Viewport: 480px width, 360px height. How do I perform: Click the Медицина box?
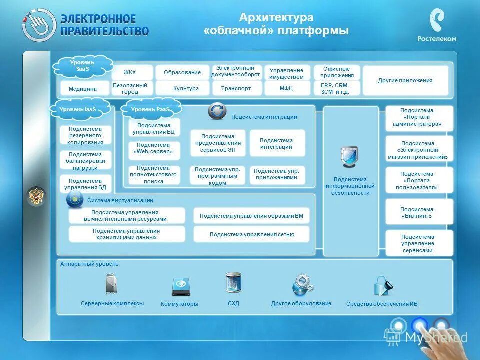point(82,89)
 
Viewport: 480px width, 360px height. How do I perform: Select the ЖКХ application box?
point(130,73)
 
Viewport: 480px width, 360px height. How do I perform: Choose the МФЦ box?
point(286,88)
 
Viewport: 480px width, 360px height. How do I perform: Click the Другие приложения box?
point(405,80)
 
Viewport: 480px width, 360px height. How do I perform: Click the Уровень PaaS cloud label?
point(150,109)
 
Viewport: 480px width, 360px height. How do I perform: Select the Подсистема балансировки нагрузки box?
point(86,161)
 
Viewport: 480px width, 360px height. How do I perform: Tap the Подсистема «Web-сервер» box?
point(154,148)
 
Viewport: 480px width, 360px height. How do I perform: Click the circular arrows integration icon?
point(217,111)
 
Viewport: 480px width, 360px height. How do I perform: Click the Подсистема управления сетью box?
point(251,234)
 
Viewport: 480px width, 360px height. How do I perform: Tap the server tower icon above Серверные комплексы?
point(111,284)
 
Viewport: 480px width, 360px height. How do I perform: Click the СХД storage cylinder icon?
point(233,283)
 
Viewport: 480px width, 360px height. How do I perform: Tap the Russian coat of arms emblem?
point(36,196)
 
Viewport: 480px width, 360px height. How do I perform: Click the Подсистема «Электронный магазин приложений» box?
point(419,150)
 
